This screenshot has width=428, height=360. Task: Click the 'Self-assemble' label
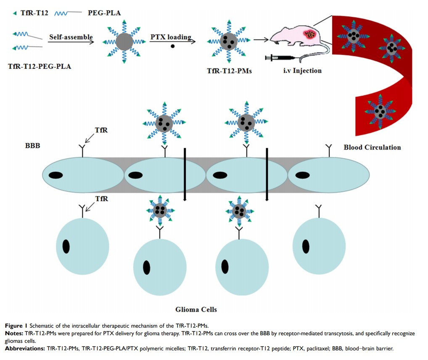point(71,37)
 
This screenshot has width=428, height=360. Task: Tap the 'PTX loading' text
point(170,37)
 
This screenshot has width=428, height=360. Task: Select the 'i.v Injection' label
point(302,70)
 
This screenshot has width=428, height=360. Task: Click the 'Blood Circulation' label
point(372,147)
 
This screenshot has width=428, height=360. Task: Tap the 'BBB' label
point(32,147)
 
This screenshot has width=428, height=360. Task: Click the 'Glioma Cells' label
point(196,310)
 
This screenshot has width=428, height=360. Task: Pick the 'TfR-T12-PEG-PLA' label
point(40,66)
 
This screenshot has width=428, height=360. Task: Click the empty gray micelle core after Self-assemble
point(124,42)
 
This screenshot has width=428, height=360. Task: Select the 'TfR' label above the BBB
point(101,130)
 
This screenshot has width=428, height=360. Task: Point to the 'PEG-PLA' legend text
point(104,13)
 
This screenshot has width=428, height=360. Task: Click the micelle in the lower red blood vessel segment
point(380,111)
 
